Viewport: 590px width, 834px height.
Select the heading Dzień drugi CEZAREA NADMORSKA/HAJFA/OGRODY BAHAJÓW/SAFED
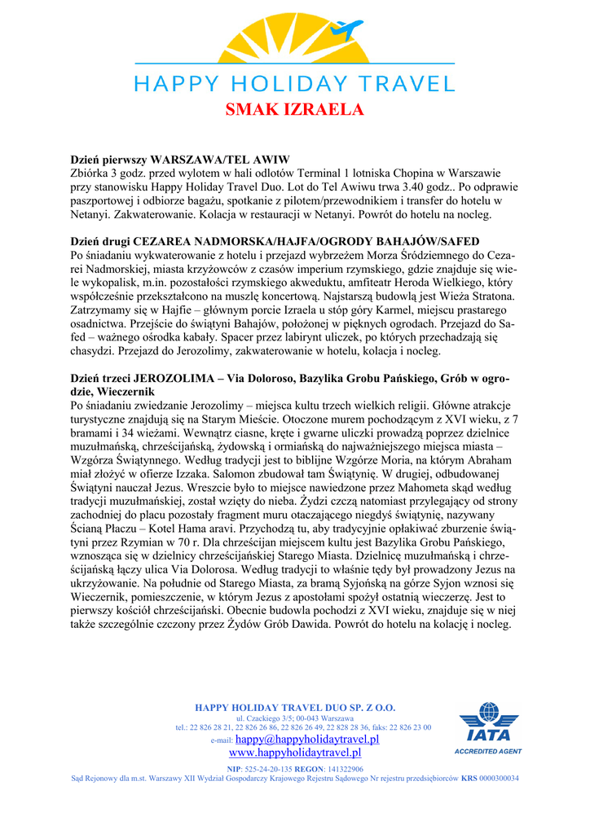tap(275, 241)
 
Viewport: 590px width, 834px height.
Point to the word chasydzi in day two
tap(95, 352)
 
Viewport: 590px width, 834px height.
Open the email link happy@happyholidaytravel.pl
tap(307, 740)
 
